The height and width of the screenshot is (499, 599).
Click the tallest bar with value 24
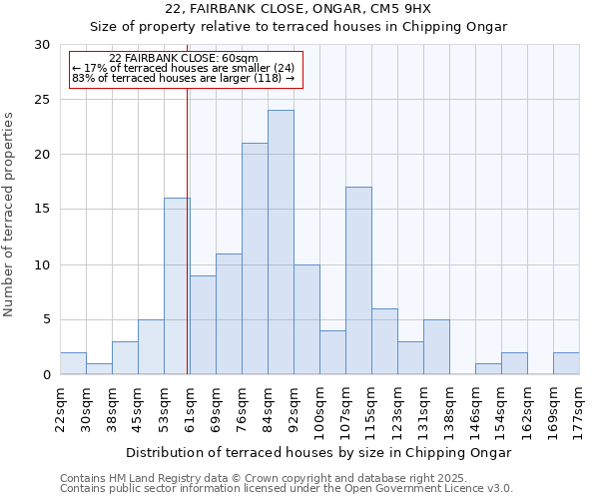coord(281,243)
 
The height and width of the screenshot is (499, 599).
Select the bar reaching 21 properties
coord(255,258)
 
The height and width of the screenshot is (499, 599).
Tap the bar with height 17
coord(358,280)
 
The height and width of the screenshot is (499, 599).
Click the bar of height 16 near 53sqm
coord(177,286)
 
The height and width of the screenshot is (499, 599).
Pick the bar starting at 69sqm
coord(229,313)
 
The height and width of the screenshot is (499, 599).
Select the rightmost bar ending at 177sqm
coord(566,363)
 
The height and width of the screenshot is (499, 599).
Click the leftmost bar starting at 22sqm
coord(73,363)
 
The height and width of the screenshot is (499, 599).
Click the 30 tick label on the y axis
coord(42,45)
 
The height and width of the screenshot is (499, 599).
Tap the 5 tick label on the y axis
coord(46,320)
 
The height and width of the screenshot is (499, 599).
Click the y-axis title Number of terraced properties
coord(9,215)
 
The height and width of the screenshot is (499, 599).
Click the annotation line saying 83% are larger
coord(184,78)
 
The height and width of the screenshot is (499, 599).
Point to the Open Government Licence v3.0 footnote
coord(287,489)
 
